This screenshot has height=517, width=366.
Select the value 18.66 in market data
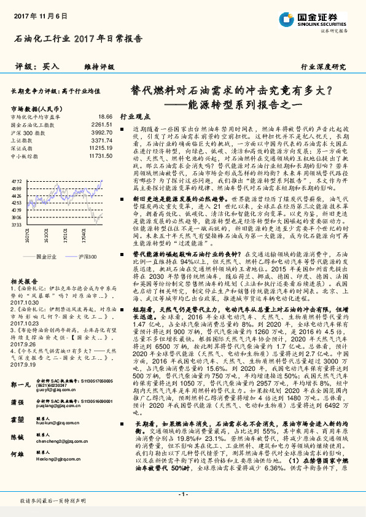[x=105, y=116]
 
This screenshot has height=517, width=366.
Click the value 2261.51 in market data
[x=101, y=124]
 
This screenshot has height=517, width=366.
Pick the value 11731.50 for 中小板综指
[x=100, y=157]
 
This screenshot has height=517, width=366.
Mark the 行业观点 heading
[x=134, y=115]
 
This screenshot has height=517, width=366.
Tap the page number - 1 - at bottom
[x=183, y=494]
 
